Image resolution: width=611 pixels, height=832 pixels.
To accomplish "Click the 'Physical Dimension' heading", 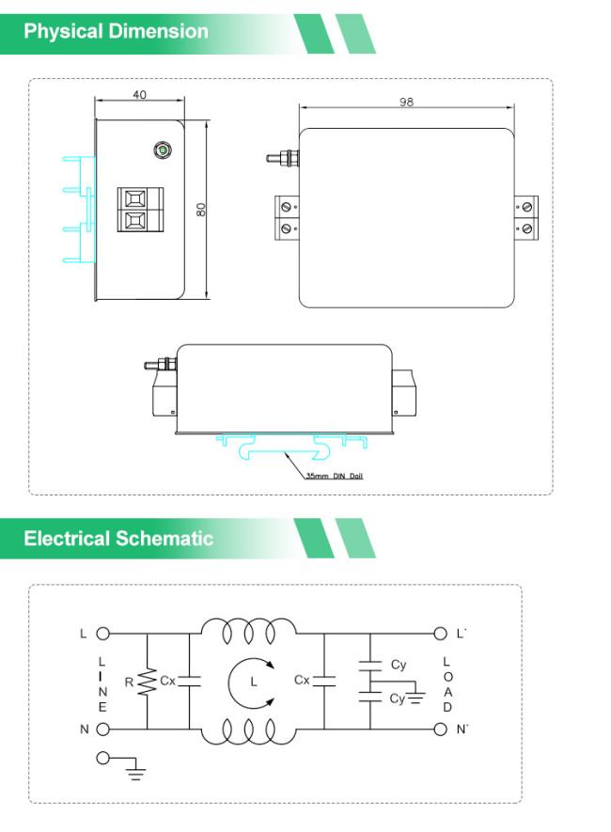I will (x=116, y=31).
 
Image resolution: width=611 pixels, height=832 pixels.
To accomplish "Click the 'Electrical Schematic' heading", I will (x=118, y=539).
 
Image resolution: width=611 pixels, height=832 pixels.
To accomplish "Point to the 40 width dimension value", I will (x=139, y=96).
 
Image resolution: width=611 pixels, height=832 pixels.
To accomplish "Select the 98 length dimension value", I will (x=406, y=102).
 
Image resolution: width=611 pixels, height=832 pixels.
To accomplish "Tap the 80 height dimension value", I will (x=200, y=209).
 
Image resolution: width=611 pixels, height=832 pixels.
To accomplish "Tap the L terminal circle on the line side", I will (x=102, y=634).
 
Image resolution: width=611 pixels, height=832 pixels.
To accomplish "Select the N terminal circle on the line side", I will (x=102, y=729).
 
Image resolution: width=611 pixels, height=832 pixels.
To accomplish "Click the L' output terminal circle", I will (x=439, y=634).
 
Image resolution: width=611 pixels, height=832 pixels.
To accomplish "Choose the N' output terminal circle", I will (x=439, y=729).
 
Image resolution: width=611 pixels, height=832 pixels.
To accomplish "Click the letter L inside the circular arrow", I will (x=253, y=681).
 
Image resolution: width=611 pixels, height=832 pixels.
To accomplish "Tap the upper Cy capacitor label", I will (x=399, y=665).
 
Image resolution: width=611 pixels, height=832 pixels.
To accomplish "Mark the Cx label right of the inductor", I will (x=302, y=680).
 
